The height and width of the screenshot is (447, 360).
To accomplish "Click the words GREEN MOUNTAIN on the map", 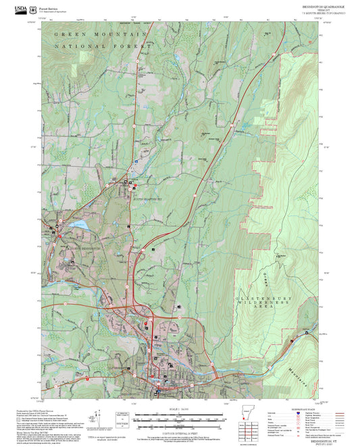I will (101, 34).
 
